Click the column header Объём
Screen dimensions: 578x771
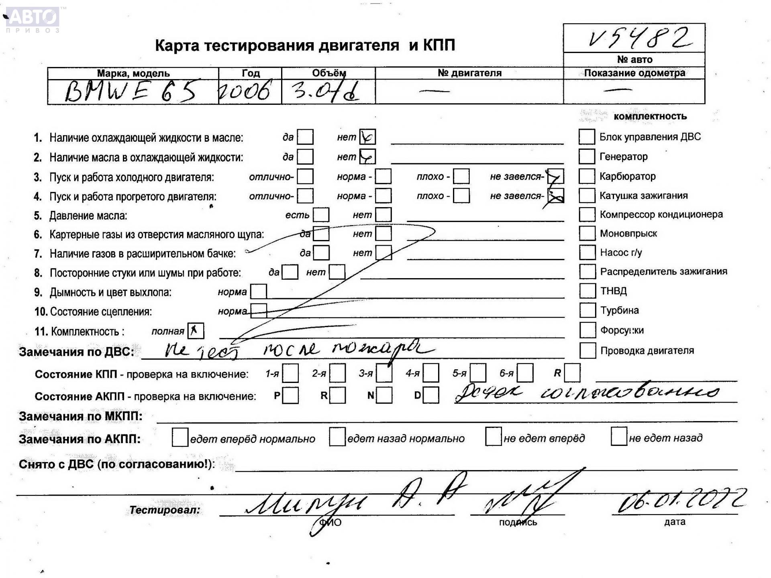coord(328,73)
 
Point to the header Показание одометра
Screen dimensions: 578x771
coord(634,73)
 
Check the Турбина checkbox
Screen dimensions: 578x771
coord(587,310)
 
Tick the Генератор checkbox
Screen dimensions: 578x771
coord(586,157)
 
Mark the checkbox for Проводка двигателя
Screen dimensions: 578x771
coord(587,350)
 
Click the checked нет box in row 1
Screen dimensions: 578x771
coord(367,137)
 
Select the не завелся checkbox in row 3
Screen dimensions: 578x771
coord(556,176)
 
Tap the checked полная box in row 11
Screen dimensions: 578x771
coord(196,331)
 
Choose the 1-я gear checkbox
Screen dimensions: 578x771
coord(290,373)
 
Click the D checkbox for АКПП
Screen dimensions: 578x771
coord(431,395)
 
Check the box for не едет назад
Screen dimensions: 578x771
coord(618,437)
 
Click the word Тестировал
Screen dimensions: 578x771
coord(164,510)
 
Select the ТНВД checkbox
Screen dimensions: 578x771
coord(587,291)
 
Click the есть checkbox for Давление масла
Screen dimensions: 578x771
coord(321,215)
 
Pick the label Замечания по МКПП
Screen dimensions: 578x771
coord(80,416)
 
